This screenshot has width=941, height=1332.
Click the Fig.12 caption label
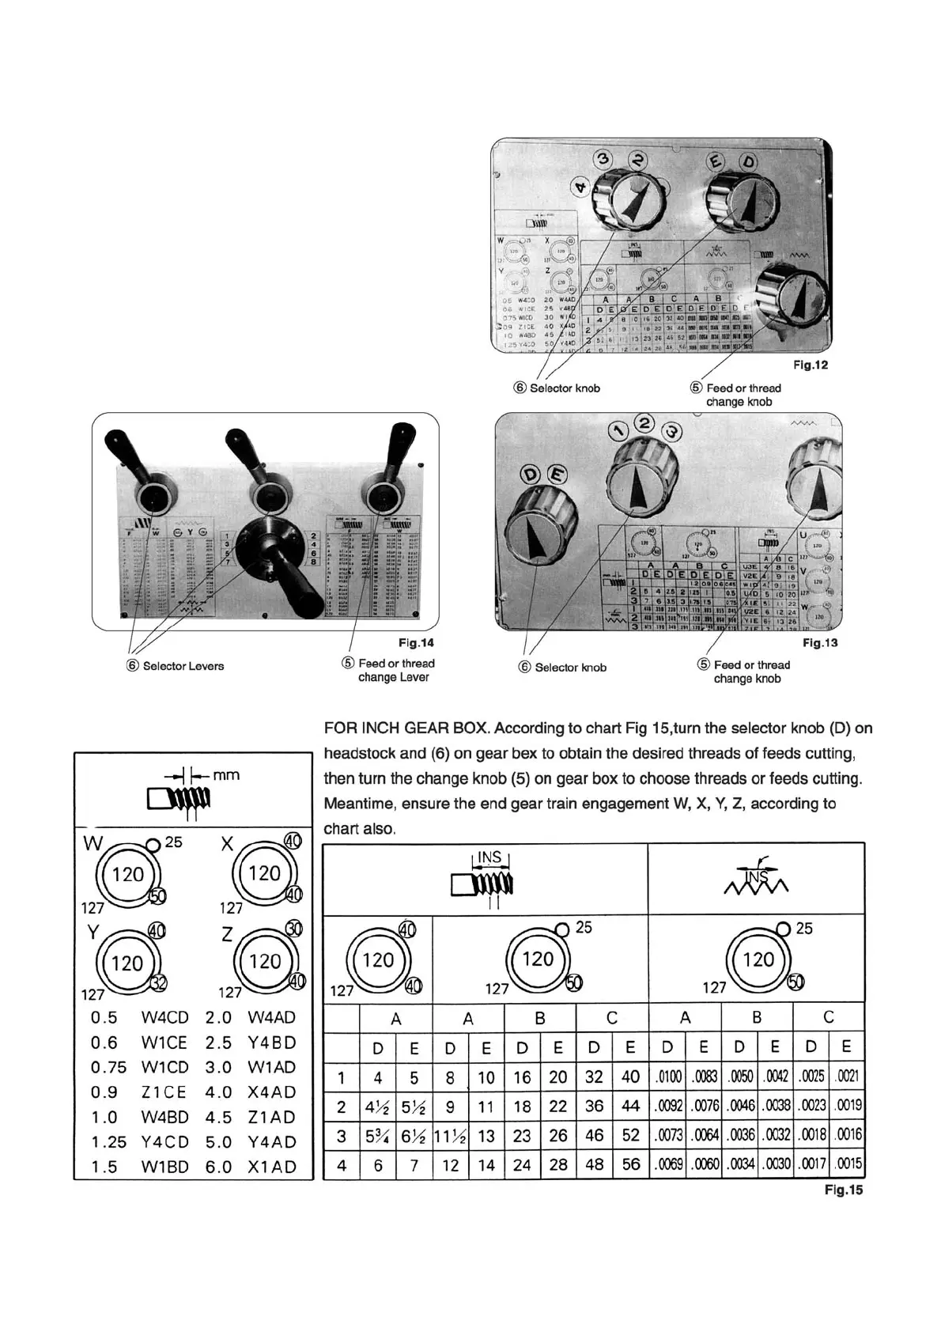point(810,365)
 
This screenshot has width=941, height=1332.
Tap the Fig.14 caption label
point(416,643)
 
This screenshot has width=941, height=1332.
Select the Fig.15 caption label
point(844,1190)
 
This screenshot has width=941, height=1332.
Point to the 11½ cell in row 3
point(450,1135)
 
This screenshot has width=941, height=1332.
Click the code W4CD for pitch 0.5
point(164,1017)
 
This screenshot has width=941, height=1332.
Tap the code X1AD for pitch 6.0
point(271,1167)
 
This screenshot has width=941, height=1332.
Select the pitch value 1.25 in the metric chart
point(108,1142)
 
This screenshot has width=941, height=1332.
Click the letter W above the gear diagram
point(93,843)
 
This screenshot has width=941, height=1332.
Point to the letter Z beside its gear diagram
point(227,935)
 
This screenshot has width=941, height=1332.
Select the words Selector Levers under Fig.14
point(183,666)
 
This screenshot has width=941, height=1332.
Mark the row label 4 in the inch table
point(342,1164)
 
